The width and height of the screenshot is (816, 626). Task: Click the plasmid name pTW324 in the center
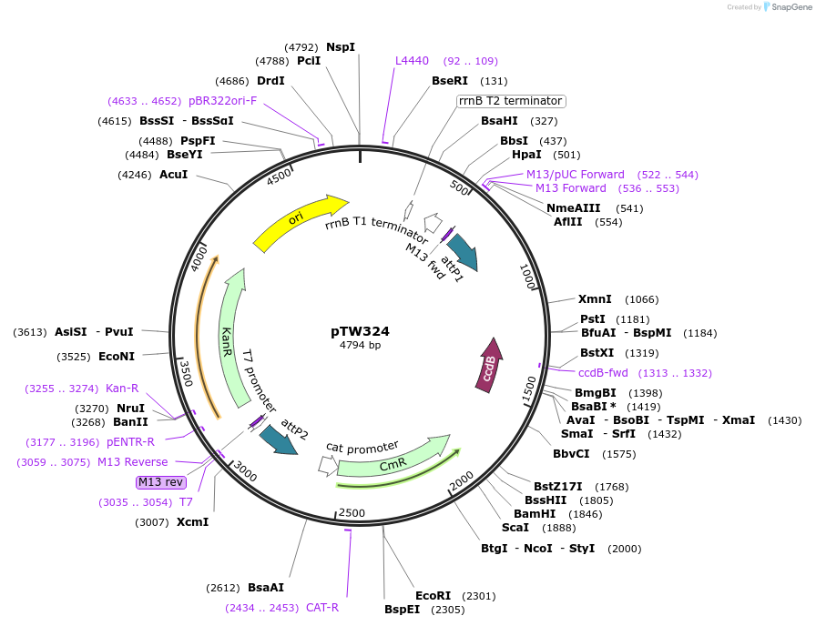pyautogui.click(x=360, y=331)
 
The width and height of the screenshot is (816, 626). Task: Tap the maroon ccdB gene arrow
pyautogui.click(x=490, y=366)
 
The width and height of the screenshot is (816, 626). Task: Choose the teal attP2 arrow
pyautogui.click(x=278, y=439)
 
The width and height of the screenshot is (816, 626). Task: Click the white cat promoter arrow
pyautogui.click(x=327, y=466)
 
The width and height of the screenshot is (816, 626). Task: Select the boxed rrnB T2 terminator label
pyautogui.click(x=511, y=101)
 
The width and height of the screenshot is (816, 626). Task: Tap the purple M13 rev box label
pyautogui.click(x=160, y=482)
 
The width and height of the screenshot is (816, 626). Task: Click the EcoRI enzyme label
pyautogui.click(x=433, y=596)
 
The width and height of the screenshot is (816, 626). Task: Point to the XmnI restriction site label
pyautogui.click(x=595, y=299)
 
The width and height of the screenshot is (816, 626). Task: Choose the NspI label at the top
pyautogui.click(x=341, y=47)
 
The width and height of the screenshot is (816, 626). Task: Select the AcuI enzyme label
pyautogui.click(x=173, y=174)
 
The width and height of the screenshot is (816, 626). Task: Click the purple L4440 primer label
pyautogui.click(x=412, y=61)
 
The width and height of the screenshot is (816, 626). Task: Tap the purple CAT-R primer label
pyautogui.click(x=322, y=608)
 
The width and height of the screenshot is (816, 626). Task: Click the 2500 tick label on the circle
pyautogui.click(x=352, y=513)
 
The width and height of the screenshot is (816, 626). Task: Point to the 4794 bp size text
pyautogui.click(x=360, y=346)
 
